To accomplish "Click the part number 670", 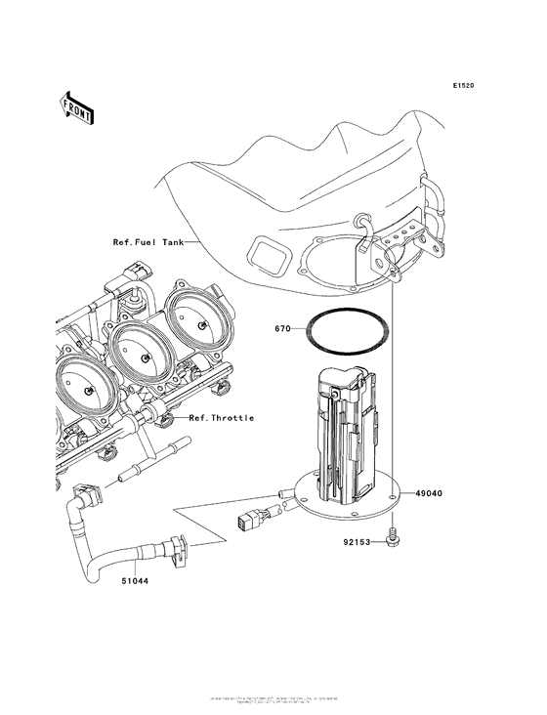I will coord(283,330).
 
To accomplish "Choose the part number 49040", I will coord(429,493).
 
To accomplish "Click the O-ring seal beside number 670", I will coord(347,330).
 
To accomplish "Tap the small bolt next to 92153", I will coord(393,535).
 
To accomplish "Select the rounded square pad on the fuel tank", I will coord(268,255).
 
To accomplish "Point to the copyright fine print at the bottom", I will coord(273,700).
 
